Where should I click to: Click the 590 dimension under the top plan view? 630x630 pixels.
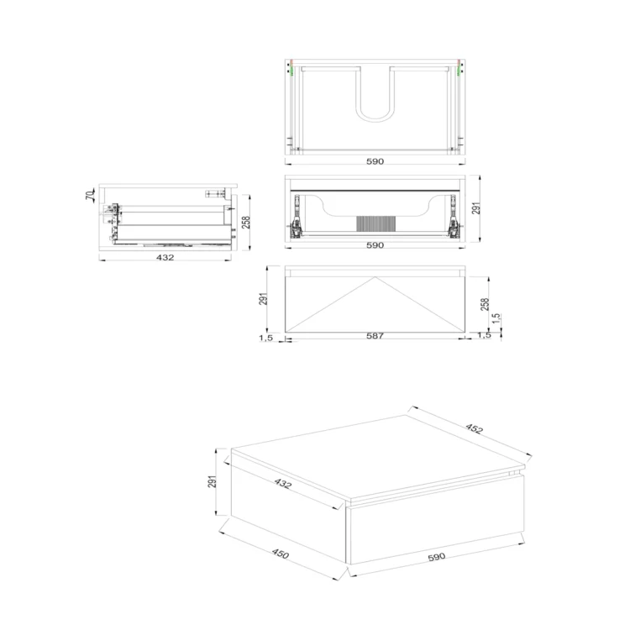[375, 161]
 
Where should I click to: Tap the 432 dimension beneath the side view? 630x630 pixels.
[165, 257]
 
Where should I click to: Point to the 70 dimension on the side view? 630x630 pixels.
[90, 196]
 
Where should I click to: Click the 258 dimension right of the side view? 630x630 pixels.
[246, 223]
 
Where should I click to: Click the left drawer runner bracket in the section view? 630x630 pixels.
[297, 216]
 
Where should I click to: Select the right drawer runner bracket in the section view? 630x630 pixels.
[453, 216]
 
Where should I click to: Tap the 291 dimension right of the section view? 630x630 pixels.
[476, 208]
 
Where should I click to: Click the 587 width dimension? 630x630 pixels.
[375, 336]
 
